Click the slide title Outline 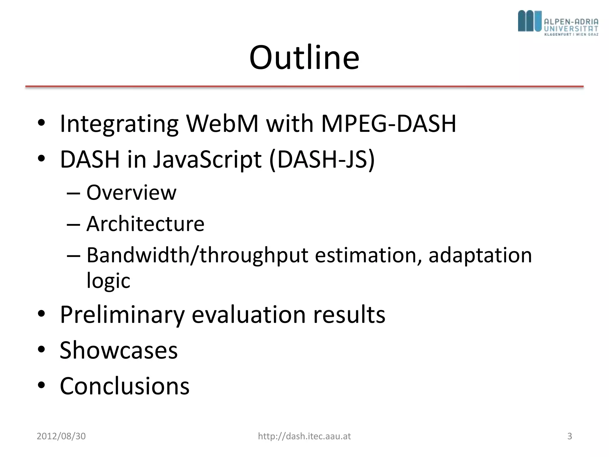(304, 57)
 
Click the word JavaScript (207, 159)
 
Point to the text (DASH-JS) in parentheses (322, 159)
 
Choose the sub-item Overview (131, 192)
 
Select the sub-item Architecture (145, 223)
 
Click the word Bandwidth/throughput (197, 255)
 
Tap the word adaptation (480, 255)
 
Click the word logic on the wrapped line (108, 280)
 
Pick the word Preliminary (122, 314)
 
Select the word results (349, 314)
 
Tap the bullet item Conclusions (125, 386)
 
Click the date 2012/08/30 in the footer (61, 436)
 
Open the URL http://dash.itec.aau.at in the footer (304, 436)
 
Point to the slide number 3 (569, 436)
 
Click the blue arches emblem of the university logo (529, 21)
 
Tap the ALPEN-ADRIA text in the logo (571, 22)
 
